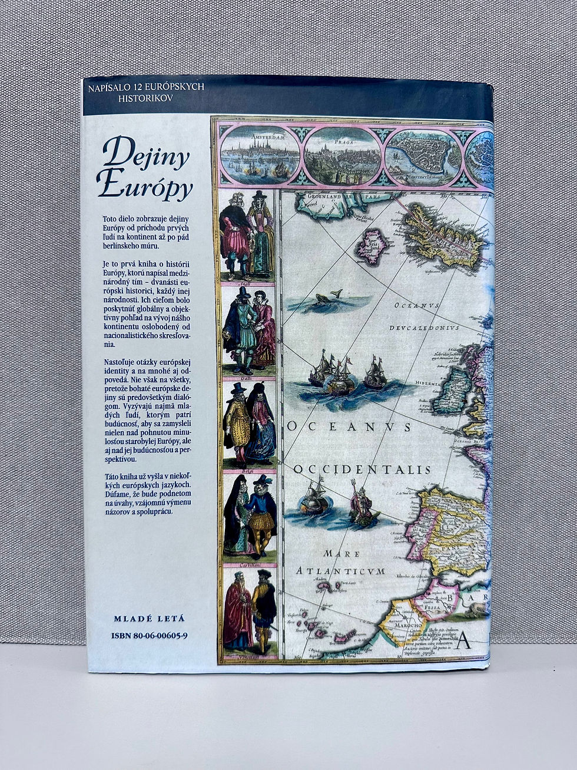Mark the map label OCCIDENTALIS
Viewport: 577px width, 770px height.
(362, 470)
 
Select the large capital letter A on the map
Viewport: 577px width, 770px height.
(463, 639)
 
